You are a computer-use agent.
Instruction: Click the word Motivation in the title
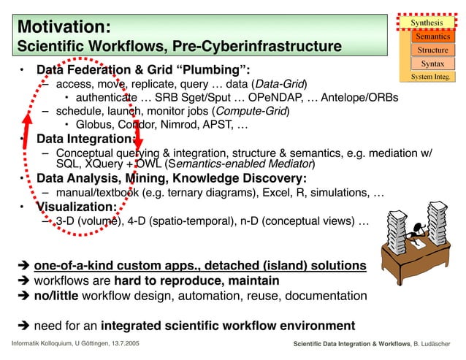point(63,26)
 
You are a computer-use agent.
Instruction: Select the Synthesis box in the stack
point(430,23)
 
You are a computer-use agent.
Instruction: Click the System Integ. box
point(430,77)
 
